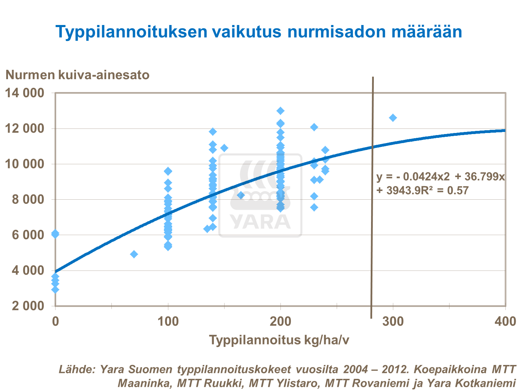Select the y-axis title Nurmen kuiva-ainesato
tap(77, 75)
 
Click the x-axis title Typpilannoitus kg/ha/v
tap(279, 340)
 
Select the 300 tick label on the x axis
tap(393, 322)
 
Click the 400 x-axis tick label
tap(505, 322)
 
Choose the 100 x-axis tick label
tap(168, 322)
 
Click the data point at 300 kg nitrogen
tap(393, 118)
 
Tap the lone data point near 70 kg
tap(134, 254)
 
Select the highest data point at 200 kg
tap(280, 111)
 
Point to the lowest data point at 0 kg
tap(55, 289)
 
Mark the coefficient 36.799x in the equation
tap(485, 177)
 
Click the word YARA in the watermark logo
tap(260, 222)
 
